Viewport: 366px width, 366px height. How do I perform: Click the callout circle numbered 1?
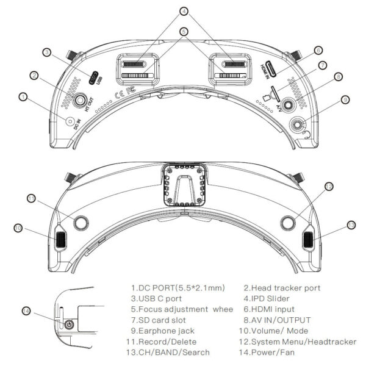coord(23,96)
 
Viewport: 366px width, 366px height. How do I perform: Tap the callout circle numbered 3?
coord(46,53)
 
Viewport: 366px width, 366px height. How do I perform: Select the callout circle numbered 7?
coord(321,65)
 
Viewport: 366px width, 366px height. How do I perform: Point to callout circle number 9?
coord(345,99)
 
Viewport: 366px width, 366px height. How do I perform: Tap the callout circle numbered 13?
coord(351,225)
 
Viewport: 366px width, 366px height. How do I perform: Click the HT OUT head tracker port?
coord(81,98)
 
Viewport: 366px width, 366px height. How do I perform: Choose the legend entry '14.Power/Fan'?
coord(276,352)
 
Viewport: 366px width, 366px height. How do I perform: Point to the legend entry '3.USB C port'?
coord(156,298)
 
